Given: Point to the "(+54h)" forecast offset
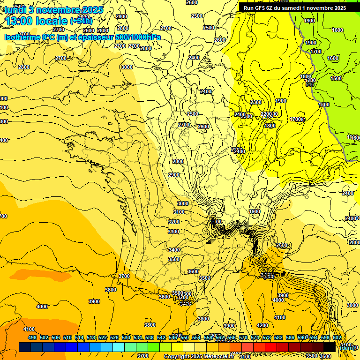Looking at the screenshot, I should point(81,21).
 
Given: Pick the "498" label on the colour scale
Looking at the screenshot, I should point(32,337).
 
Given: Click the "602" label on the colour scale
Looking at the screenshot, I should point(337,337).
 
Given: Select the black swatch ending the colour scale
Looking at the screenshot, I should point(330,347).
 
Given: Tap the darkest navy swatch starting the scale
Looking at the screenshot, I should point(25,347).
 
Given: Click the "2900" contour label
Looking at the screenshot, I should point(174,175).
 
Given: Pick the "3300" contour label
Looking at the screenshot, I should point(173,232).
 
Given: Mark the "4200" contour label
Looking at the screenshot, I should point(262,325).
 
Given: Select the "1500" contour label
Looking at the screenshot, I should point(336,78).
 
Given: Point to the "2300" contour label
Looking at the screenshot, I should point(256,102).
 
